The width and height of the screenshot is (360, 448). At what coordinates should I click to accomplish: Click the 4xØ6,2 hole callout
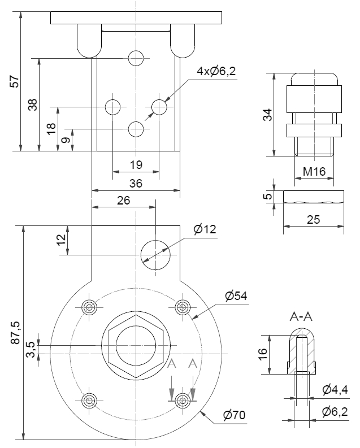click(216, 72)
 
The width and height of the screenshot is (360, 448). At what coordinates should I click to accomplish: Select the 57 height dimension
click(15, 81)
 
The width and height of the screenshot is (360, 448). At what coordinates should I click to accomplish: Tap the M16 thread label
click(314, 172)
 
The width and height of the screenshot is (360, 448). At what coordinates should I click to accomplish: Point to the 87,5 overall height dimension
click(15, 333)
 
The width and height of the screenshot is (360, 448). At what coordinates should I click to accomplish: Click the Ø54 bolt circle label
click(236, 296)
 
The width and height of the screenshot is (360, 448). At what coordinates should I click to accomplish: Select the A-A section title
click(301, 317)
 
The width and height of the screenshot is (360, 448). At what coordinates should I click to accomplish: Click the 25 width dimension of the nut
click(314, 219)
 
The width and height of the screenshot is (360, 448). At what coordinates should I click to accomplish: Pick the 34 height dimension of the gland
click(268, 114)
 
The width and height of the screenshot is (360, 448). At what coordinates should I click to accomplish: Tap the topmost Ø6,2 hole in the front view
click(136, 58)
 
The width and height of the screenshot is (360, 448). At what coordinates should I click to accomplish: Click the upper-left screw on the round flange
click(89, 307)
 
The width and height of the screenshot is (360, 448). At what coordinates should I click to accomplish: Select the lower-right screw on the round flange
click(183, 401)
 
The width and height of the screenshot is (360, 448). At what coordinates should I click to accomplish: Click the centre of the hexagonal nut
click(136, 346)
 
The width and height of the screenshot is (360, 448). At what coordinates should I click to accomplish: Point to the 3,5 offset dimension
click(32, 350)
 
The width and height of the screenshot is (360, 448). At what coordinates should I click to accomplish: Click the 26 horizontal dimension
click(124, 200)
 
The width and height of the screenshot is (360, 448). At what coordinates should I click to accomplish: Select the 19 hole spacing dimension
click(136, 164)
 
